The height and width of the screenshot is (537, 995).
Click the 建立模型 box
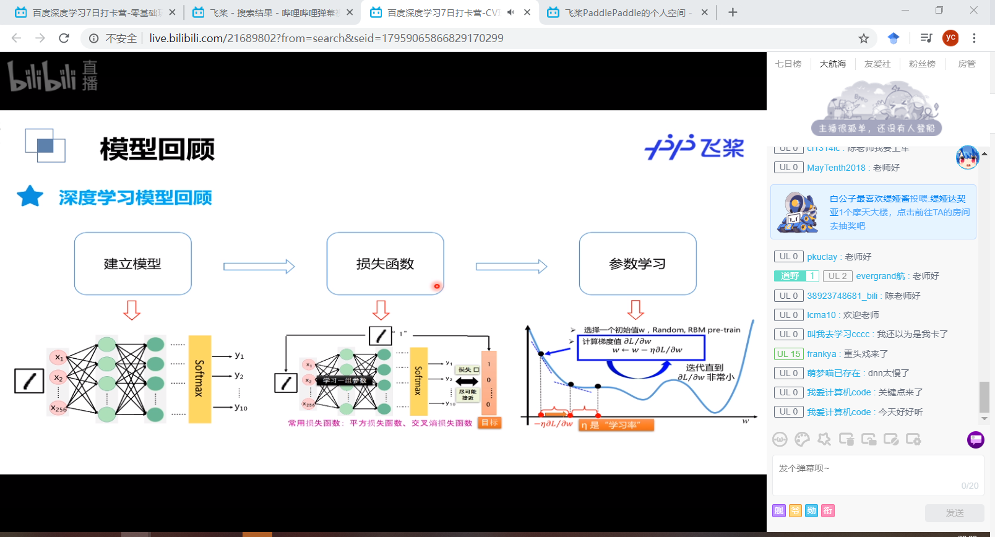pyautogui.click(x=132, y=264)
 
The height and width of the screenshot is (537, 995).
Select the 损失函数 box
pyautogui.click(x=385, y=264)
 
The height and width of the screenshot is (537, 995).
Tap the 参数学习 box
pyautogui.click(x=637, y=264)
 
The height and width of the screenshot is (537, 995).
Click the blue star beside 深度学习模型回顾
pyautogui.click(x=30, y=197)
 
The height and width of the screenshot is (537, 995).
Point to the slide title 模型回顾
pyautogui.click(x=157, y=149)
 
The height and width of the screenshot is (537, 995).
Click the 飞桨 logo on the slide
pyautogui.click(x=694, y=147)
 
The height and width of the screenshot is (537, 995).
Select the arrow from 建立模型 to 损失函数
pyautogui.click(x=259, y=267)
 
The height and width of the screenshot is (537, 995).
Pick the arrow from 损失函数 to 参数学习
pyautogui.click(x=511, y=267)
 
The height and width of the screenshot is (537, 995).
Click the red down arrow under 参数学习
pyautogui.click(x=635, y=309)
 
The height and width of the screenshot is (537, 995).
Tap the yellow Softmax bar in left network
pyautogui.click(x=199, y=379)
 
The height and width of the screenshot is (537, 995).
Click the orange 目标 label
pyautogui.click(x=489, y=423)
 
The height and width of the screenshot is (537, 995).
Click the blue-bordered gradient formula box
pyautogui.click(x=640, y=347)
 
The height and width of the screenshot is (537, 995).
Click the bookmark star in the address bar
pyautogui.click(x=864, y=38)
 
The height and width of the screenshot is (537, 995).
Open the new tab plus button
pyautogui.click(x=733, y=12)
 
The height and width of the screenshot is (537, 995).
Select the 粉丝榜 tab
pyautogui.click(x=922, y=64)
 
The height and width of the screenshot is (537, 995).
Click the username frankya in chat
pyautogui.click(x=821, y=354)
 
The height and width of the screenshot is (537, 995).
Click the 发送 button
pyautogui.click(x=954, y=513)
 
